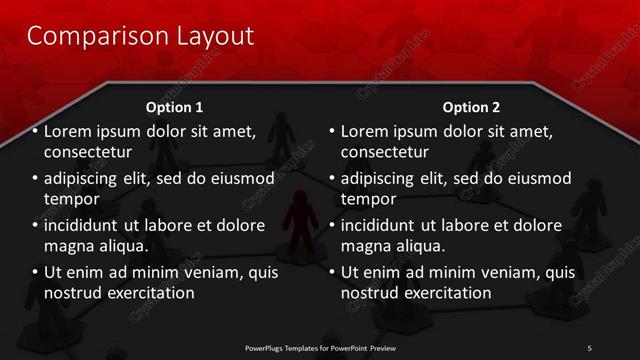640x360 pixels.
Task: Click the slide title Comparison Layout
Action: click(x=140, y=37)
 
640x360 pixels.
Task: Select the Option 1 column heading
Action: click(x=174, y=107)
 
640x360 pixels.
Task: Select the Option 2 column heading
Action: click(x=471, y=107)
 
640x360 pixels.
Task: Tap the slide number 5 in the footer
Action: click(x=589, y=347)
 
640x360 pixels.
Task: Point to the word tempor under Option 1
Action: click(x=71, y=200)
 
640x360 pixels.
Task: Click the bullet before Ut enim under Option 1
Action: click(x=35, y=272)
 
